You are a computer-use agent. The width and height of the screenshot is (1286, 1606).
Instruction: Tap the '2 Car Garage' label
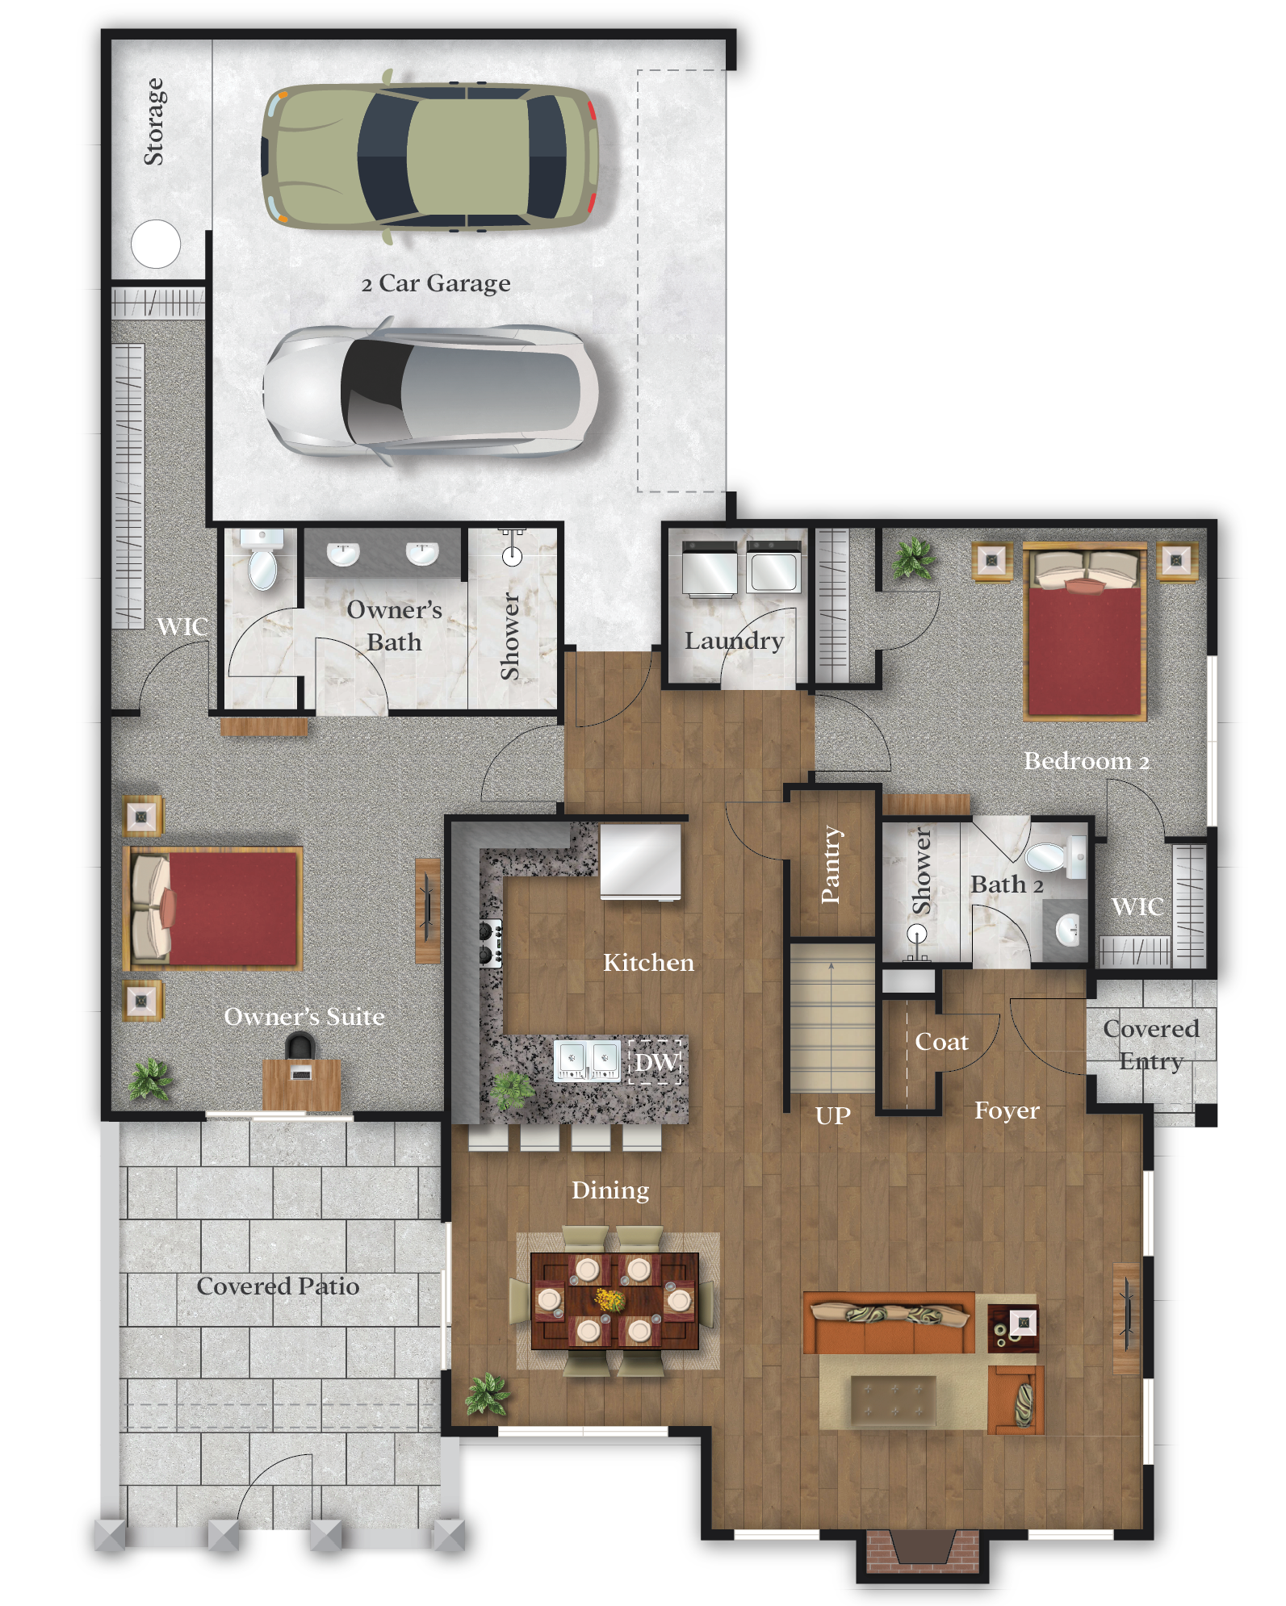click(x=436, y=283)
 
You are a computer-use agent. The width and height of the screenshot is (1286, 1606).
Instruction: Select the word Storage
click(x=153, y=122)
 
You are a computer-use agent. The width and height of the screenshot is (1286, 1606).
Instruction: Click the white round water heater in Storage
click(x=156, y=244)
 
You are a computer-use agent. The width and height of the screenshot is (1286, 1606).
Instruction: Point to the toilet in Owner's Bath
click(x=263, y=565)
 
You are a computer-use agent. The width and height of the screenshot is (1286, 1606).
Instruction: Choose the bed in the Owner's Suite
click(x=215, y=907)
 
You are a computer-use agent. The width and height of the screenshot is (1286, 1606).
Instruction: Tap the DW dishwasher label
click(x=656, y=1061)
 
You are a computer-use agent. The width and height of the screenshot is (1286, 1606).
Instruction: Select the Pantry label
click(x=831, y=864)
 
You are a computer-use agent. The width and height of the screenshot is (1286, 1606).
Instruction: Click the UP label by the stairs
click(x=832, y=1115)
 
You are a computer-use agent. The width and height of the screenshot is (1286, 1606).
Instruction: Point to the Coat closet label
click(x=941, y=1042)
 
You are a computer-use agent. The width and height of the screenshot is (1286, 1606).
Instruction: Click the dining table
click(x=614, y=1300)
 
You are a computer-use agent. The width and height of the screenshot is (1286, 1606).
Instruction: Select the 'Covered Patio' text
click(x=278, y=1286)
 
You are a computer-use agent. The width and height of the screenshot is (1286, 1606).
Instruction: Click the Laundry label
click(x=734, y=641)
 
